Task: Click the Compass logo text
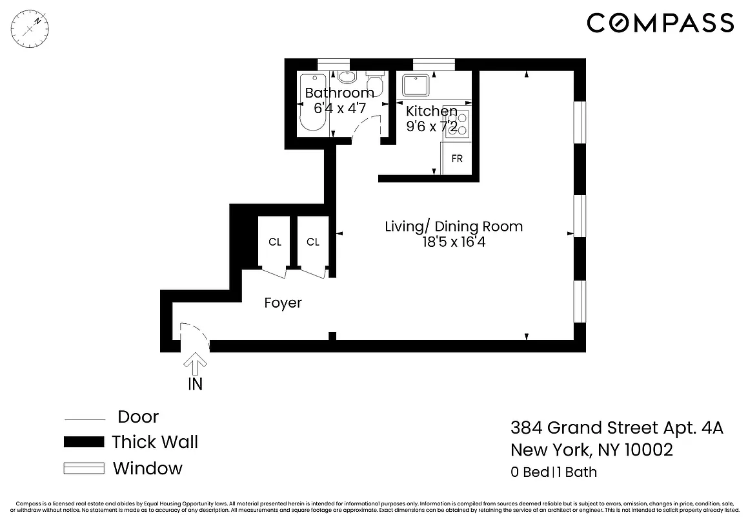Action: point(660,23)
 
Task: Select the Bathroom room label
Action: point(339,93)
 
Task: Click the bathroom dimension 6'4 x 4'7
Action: point(339,109)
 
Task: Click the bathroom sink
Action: point(347,78)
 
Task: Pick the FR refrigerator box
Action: point(457,158)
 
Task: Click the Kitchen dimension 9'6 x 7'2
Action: point(432,127)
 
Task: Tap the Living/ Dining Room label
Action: point(454,227)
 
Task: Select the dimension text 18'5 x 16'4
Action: point(454,243)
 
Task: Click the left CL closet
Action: point(275,242)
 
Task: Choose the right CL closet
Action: point(313,242)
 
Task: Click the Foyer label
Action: point(283,303)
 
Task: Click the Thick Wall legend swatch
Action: point(84,443)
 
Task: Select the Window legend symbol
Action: point(84,469)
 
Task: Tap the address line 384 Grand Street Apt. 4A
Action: point(616,428)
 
